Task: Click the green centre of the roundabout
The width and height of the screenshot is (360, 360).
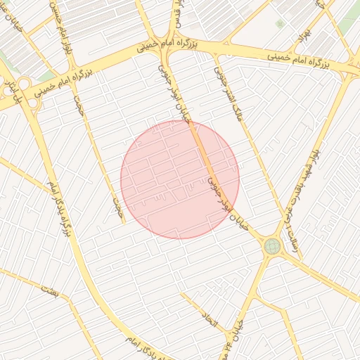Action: [272, 246]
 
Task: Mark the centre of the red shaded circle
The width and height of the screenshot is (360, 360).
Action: [180, 179]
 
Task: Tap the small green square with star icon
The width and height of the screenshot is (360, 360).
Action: [281, 24]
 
